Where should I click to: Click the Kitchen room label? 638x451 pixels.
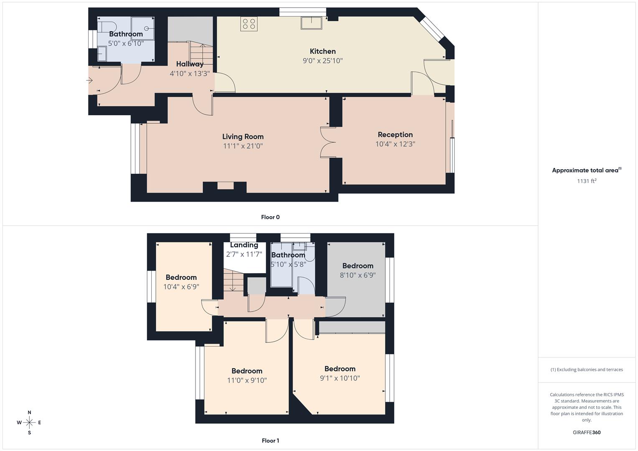[x=322, y=51]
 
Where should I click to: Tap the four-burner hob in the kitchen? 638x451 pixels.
[x=249, y=24]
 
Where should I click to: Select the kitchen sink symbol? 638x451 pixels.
[x=311, y=23]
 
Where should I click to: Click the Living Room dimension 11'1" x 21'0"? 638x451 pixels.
[x=243, y=146]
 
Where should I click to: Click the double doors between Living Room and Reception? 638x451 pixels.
[x=328, y=142]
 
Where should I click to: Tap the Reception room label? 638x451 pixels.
[x=395, y=134]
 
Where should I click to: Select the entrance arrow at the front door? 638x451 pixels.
[x=90, y=80]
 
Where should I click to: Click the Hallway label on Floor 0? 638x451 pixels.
[x=190, y=64]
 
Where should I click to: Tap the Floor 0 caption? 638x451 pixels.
[x=270, y=217]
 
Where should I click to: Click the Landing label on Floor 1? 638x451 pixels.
[x=244, y=245]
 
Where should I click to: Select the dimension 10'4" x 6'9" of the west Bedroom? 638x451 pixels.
[x=181, y=287]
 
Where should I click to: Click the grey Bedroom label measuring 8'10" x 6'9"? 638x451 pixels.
[x=358, y=266]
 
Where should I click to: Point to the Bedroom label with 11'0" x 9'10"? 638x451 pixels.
[x=247, y=371]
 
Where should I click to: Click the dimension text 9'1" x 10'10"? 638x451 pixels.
[x=340, y=378]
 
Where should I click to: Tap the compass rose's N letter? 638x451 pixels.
[x=29, y=413]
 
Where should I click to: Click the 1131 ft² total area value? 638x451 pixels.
[x=587, y=181]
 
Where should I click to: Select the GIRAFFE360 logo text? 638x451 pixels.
[x=587, y=432]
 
